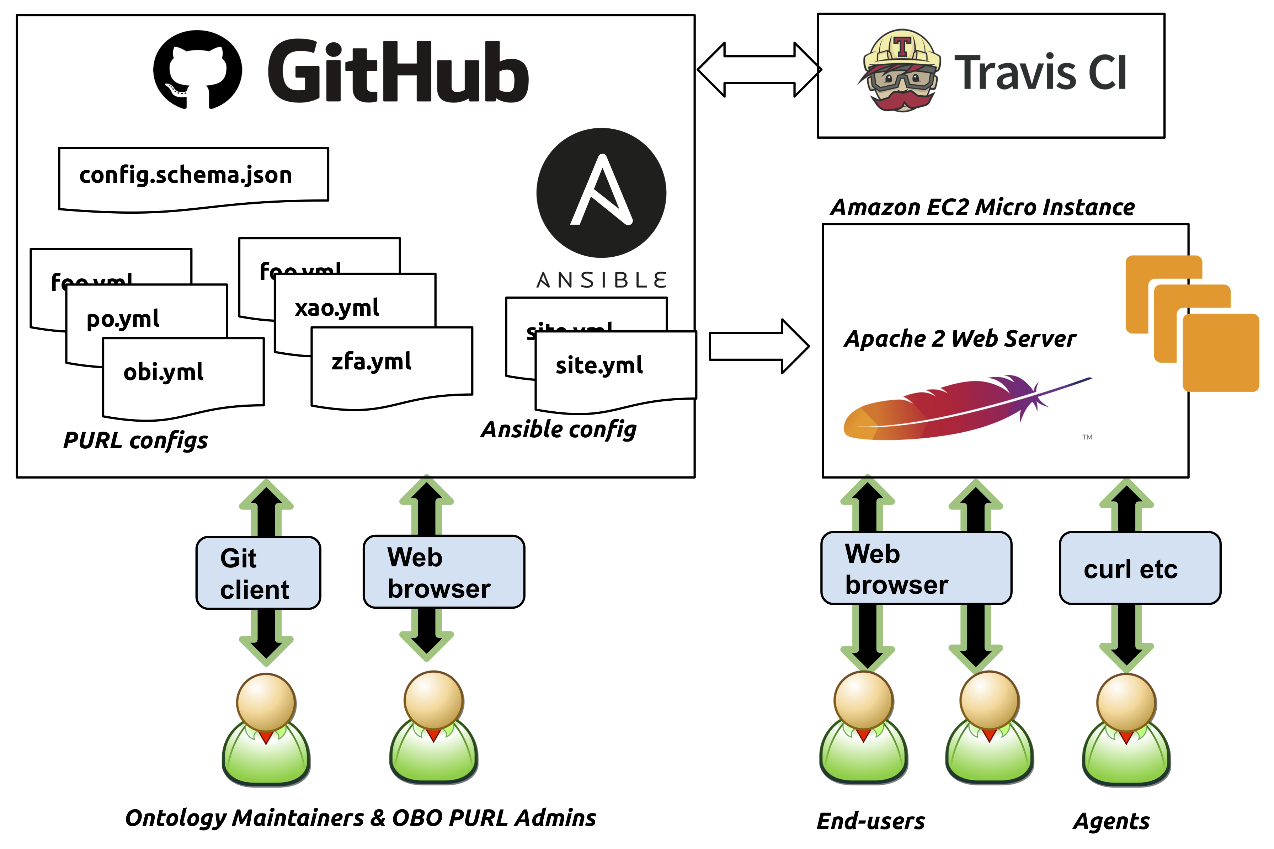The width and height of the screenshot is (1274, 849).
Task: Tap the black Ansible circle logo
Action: [601, 193]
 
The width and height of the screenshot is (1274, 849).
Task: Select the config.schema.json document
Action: [186, 175]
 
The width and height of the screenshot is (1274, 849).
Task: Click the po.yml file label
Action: [123, 319]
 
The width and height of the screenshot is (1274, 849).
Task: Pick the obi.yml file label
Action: [164, 372]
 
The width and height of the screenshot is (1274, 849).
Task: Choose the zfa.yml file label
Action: [372, 362]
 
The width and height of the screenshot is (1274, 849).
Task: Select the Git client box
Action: [258, 573]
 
